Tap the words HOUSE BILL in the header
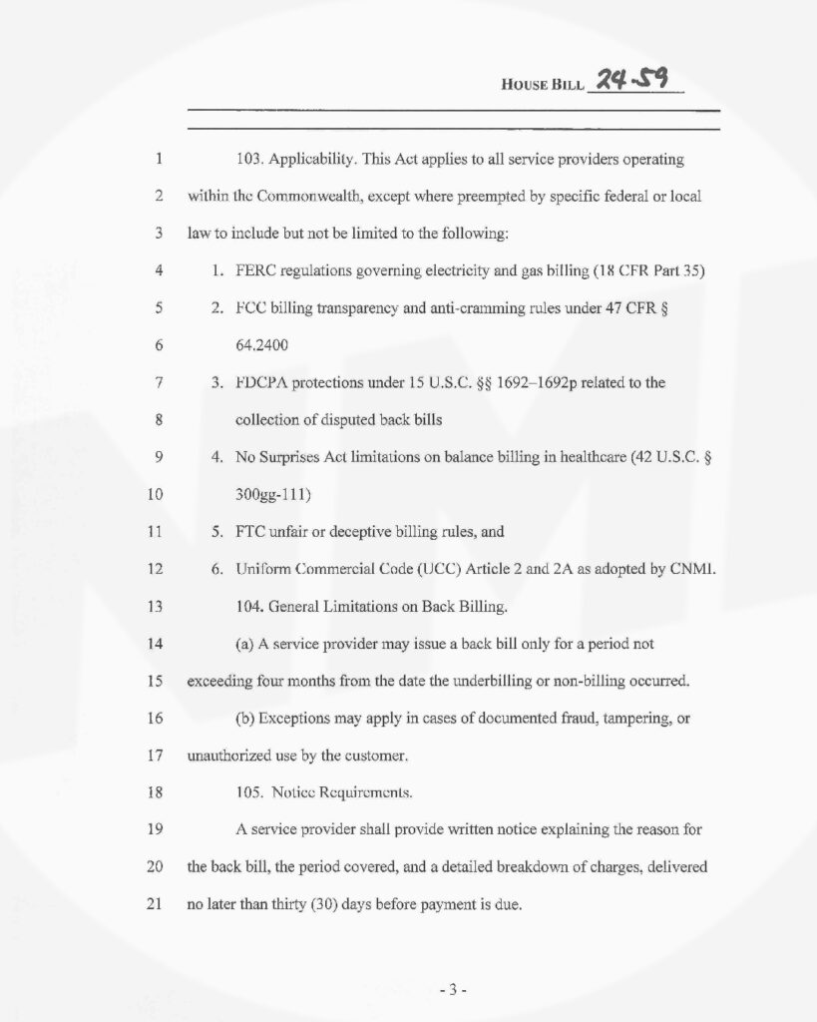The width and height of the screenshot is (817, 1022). (542, 83)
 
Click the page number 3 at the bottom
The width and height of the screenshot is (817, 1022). (452, 990)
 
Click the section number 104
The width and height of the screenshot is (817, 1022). (248, 606)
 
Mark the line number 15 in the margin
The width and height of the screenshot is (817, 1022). (155, 682)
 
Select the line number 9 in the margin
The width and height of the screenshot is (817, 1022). (159, 457)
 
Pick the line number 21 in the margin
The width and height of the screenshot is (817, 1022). (155, 903)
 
